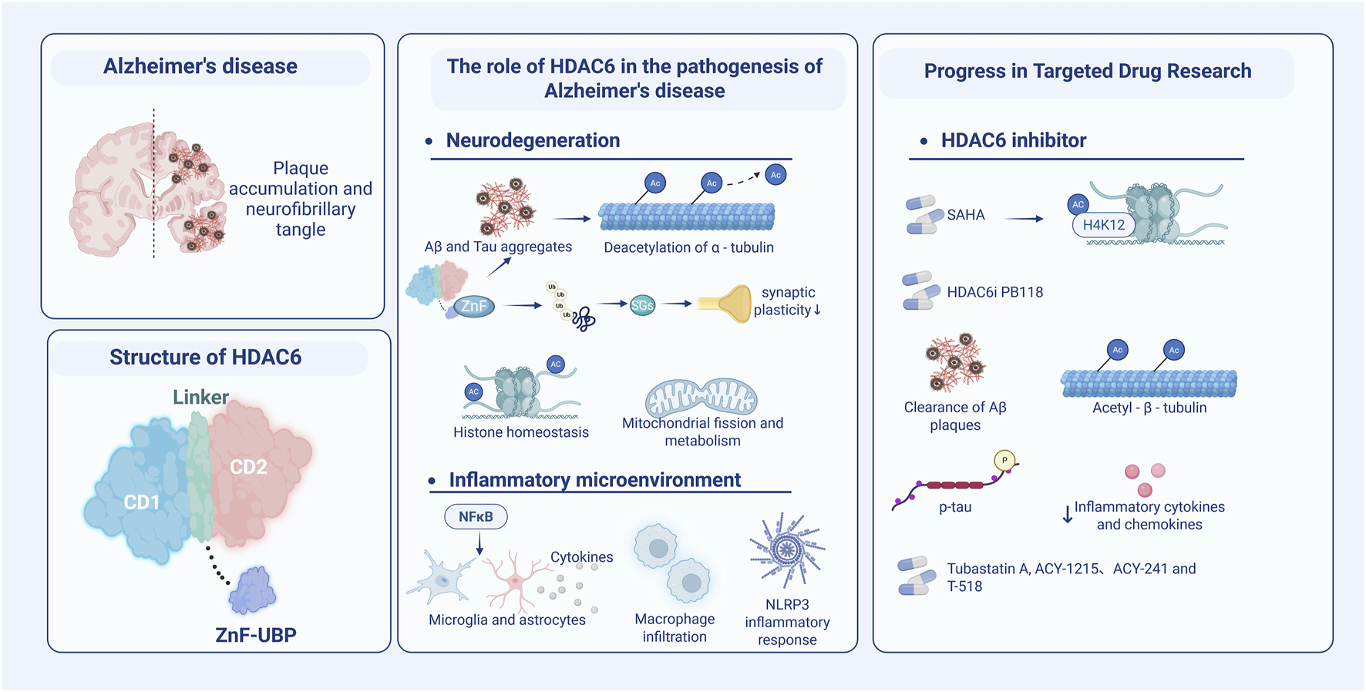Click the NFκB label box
point(476,516)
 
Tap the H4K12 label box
point(1103,225)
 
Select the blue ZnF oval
point(473,306)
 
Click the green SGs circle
point(642,305)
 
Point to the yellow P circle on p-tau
point(1004,460)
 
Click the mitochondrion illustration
point(701,396)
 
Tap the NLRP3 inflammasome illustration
point(787,550)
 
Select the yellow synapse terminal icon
point(725,304)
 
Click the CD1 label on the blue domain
point(142,502)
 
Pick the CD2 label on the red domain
point(248,467)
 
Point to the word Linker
point(200,397)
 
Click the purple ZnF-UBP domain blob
point(252,590)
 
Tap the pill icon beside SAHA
point(923,214)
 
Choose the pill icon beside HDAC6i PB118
point(920,291)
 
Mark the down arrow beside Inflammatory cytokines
point(1068,515)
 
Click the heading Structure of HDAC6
point(205,358)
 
